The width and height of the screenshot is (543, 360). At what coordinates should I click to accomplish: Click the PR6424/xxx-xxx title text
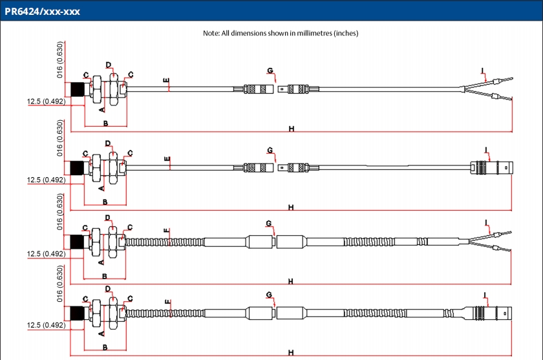[x=43, y=11]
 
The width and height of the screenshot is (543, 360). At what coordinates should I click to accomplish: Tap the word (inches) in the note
[x=344, y=33]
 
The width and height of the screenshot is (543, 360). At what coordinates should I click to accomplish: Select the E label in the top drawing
[x=166, y=81]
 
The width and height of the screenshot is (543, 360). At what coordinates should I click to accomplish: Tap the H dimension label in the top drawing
[x=292, y=129]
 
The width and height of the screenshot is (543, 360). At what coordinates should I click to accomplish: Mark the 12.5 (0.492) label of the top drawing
[x=46, y=101]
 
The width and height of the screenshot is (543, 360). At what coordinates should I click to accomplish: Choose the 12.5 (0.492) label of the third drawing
[x=46, y=254]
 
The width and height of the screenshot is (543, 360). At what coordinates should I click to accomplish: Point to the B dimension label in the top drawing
[x=105, y=122]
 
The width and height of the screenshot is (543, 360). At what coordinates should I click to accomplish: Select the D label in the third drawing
[x=108, y=218]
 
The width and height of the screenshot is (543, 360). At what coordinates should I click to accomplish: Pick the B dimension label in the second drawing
[x=105, y=202]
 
